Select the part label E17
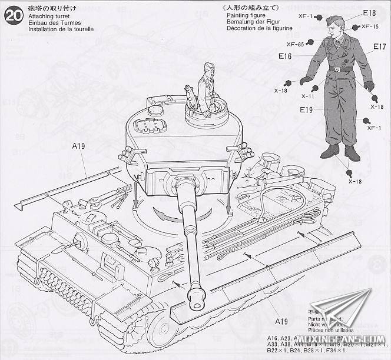click(379, 46)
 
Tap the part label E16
click(286, 56)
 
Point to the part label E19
click(306, 109)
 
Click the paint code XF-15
click(370, 26)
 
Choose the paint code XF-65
click(295, 44)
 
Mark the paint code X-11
click(307, 96)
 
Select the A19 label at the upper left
click(79, 145)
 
